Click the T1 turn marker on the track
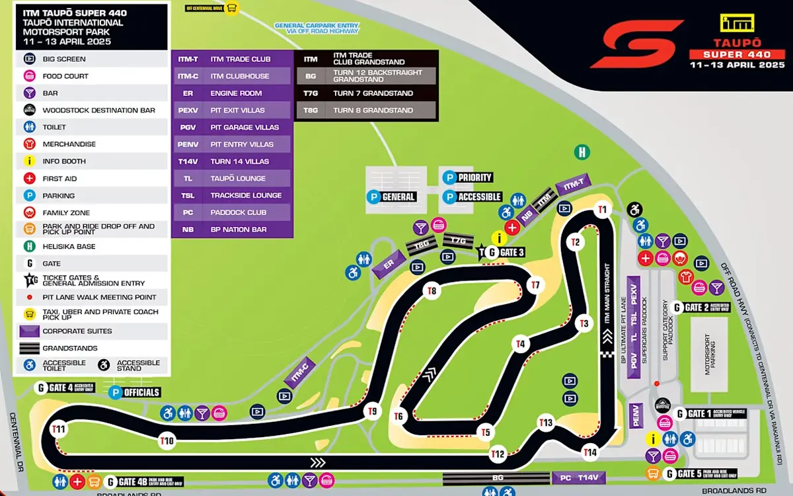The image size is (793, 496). (602, 210)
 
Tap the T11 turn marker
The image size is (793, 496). (59, 429)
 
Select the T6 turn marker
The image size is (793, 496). (398, 416)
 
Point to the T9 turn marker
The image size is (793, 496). (373, 411)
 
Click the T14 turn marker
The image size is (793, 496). (590, 452)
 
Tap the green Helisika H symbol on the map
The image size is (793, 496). (582, 152)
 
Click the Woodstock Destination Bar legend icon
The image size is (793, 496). (29, 110)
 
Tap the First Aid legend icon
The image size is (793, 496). (29, 179)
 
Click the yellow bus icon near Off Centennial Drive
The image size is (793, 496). (232, 8)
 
